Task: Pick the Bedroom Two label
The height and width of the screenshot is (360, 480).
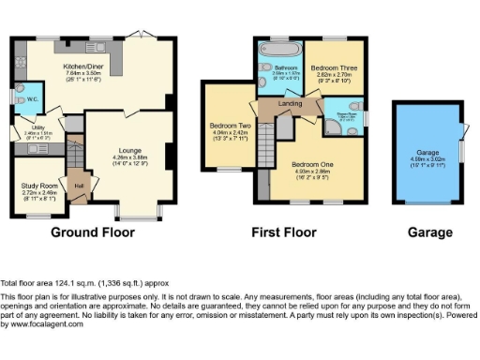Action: [229, 126]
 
